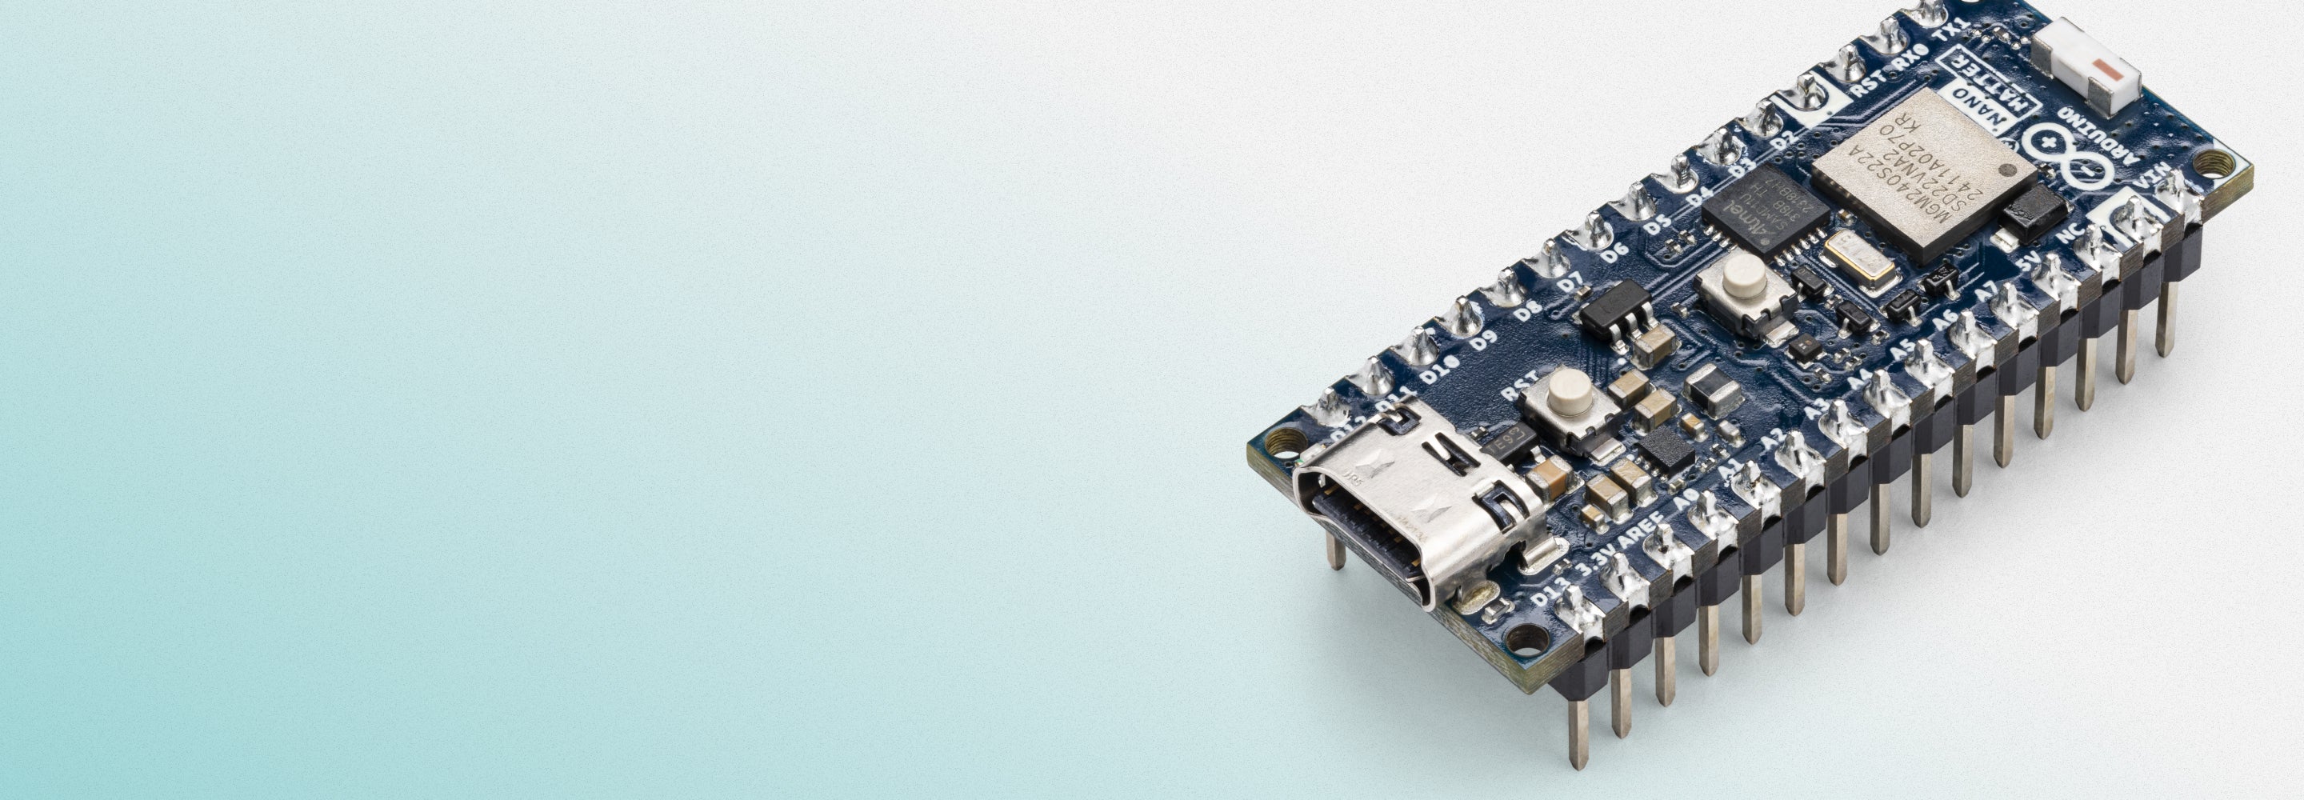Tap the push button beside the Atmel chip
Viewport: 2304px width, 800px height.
(x=1743, y=278)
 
